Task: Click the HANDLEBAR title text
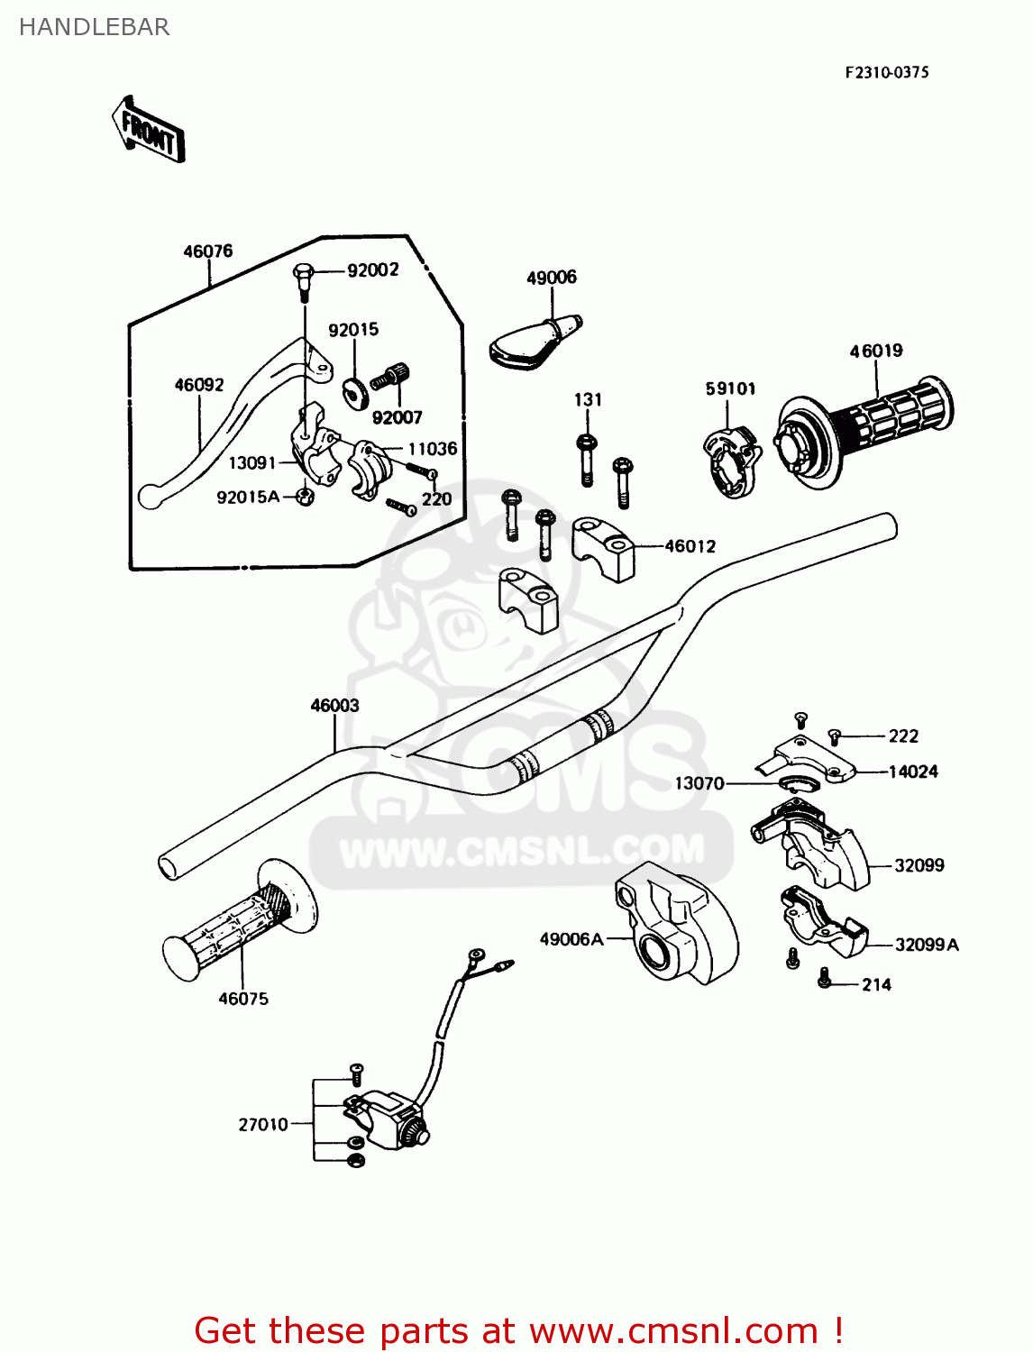[94, 27]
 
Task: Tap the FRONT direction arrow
[149, 131]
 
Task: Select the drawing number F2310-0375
[886, 72]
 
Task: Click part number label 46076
[207, 251]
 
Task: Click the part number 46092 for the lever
[198, 385]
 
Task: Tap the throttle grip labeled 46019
[865, 428]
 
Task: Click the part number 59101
[730, 388]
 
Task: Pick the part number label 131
[588, 399]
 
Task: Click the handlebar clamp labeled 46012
[604, 547]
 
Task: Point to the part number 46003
[334, 706]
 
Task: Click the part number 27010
[263, 1125]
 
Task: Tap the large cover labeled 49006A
[676, 924]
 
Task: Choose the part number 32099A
[927, 945]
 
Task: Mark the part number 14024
[913, 772]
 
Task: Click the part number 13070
[699, 783]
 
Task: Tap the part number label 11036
[433, 449]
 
